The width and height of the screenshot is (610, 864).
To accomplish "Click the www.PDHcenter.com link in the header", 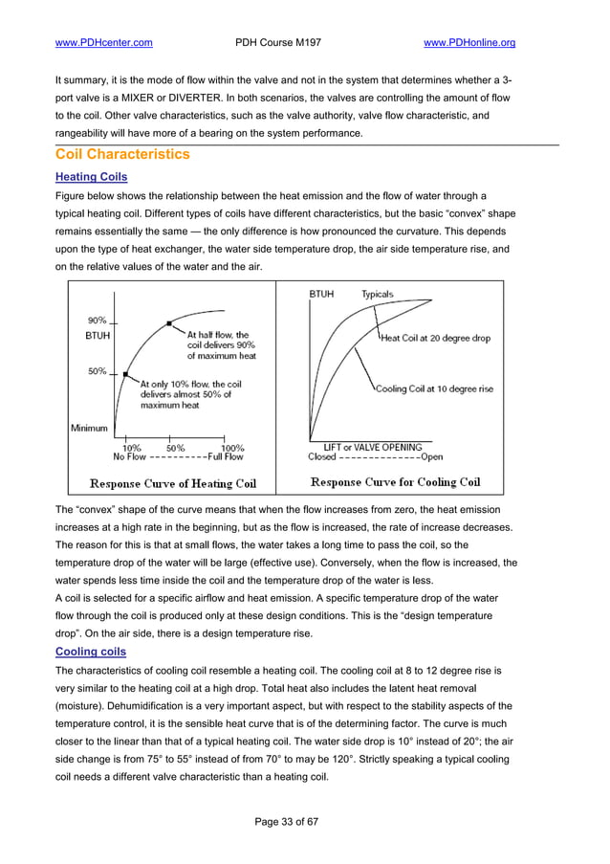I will click(104, 43).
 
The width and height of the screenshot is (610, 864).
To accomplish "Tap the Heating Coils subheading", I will click(92, 177).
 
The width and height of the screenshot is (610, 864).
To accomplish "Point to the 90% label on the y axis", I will click(97, 321).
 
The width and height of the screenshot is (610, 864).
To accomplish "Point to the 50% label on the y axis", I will click(97, 371).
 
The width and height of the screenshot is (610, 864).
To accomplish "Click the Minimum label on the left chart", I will click(89, 428).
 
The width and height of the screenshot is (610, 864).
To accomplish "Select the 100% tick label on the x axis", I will click(231, 447).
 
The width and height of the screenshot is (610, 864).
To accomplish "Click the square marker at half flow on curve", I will click(169, 324).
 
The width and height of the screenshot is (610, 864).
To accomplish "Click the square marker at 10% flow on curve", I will click(125, 372).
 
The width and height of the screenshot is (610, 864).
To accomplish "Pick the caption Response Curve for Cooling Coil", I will click(395, 481).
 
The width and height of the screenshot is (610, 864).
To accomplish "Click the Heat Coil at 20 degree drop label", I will click(435, 338).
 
